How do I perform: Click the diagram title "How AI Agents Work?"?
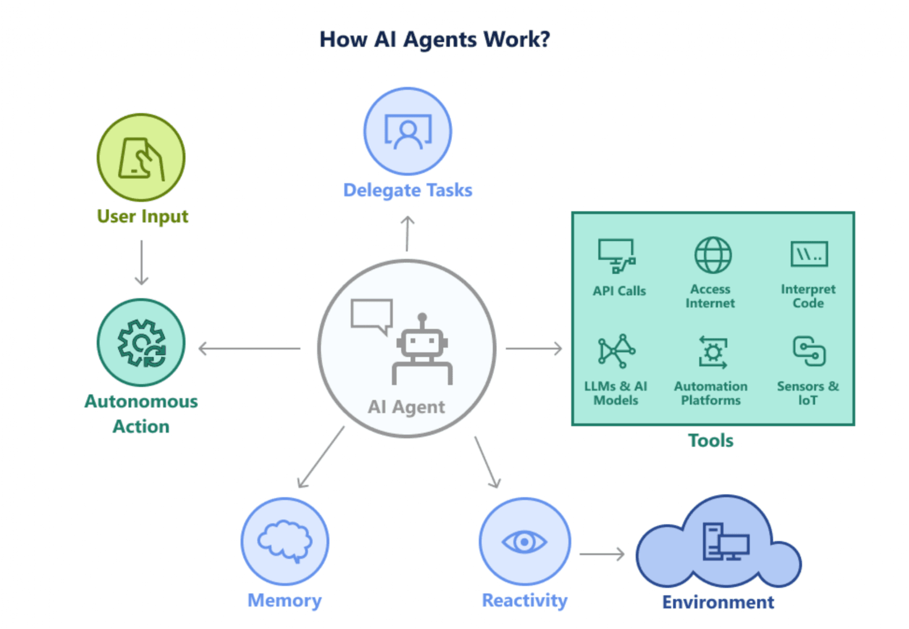(x=435, y=40)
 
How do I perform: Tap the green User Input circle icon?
(x=141, y=157)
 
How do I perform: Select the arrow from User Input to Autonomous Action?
(x=141, y=262)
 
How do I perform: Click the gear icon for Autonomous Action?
(x=141, y=343)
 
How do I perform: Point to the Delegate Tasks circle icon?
(x=408, y=131)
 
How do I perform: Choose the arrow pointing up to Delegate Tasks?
(x=407, y=233)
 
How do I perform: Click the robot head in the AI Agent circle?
(x=422, y=342)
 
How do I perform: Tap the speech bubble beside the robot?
(x=372, y=315)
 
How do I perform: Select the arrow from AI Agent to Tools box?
(x=533, y=348)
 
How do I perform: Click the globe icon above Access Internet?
(x=713, y=255)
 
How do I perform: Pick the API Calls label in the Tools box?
(x=619, y=291)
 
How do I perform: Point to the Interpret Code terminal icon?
(x=809, y=254)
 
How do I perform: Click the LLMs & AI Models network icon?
(x=616, y=350)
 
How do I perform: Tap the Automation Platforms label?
(x=711, y=393)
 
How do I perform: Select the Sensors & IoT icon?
(x=809, y=351)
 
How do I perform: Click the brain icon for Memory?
(x=285, y=541)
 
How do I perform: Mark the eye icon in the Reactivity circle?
(x=524, y=541)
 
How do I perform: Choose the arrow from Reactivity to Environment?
(x=602, y=554)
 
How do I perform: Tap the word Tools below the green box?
(x=711, y=440)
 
